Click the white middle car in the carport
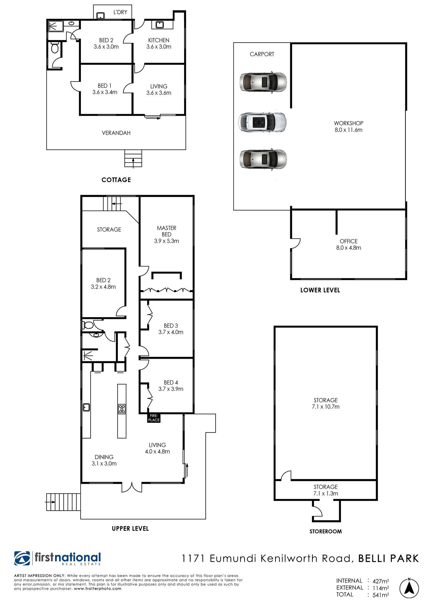(262, 122)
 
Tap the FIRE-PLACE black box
(154, 418)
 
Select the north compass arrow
(409, 588)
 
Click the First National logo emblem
(22, 558)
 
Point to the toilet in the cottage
(55, 48)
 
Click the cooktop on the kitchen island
(122, 409)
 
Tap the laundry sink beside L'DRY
(100, 16)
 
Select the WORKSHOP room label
(348, 123)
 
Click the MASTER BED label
(166, 231)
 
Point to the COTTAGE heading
(116, 180)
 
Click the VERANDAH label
(116, 133)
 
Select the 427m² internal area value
(380, 581)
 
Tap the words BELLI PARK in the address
(389, 558)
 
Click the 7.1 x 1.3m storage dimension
(326, 493)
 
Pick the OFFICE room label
(348, 241)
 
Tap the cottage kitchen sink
(159, 24)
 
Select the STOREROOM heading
(326, 532)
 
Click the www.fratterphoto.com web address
(98, 589)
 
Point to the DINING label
(104, 457)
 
